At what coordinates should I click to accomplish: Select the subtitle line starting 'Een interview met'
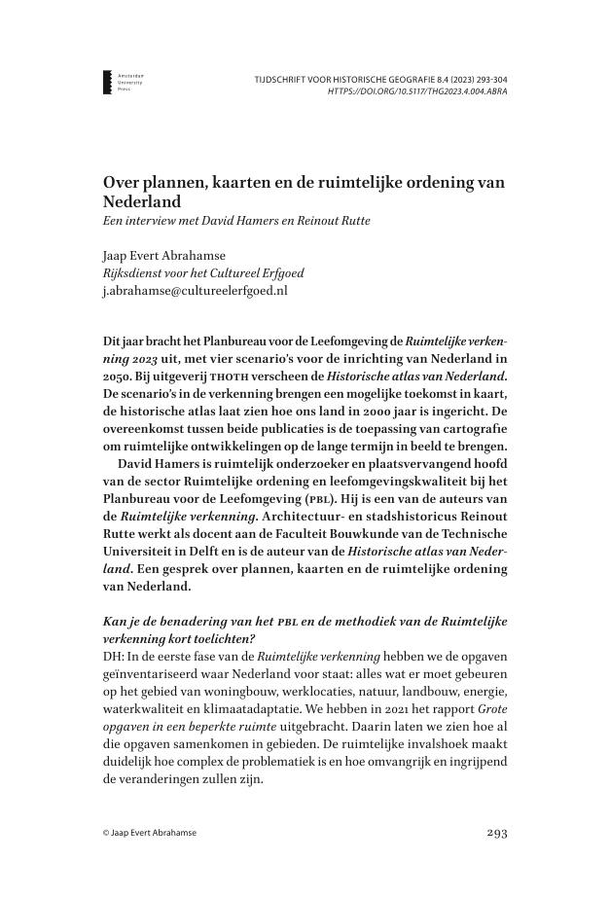pos(236,221)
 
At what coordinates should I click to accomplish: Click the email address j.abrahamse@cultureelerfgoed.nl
pos(196,289)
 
